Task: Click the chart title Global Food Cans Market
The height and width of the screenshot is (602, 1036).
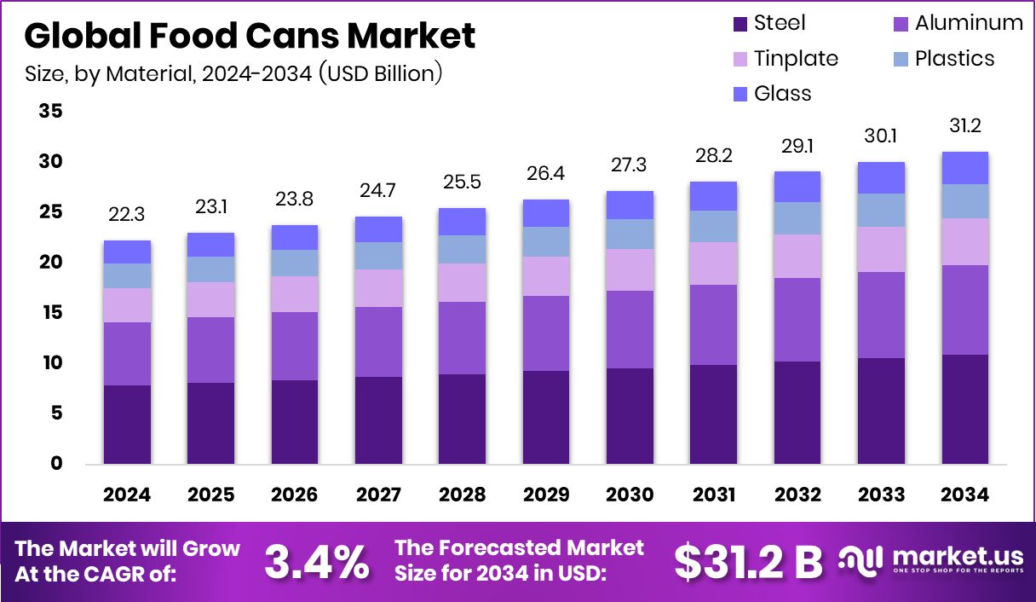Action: [250, 37]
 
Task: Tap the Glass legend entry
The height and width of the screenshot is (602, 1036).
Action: [772, 93]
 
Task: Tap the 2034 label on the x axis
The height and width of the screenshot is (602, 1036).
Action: [964, 495]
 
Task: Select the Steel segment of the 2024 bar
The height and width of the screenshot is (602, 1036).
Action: [127, 425]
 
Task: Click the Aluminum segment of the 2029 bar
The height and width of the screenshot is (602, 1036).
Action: [545, 333]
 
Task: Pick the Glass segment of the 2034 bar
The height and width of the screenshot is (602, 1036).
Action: [964, 168]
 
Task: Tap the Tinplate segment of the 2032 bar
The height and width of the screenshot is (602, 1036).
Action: [797, 256]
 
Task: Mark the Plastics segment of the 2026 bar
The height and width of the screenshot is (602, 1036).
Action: [294, 263]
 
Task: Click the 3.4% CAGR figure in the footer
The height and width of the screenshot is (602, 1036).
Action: [317, 560]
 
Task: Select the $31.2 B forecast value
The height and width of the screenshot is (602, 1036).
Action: [748, 560]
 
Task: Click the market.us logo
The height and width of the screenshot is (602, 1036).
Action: [929, 560]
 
